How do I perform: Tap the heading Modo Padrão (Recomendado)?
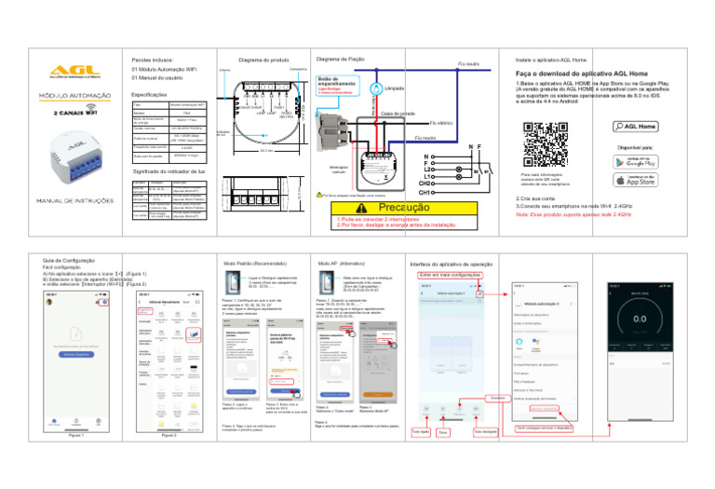251,264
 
